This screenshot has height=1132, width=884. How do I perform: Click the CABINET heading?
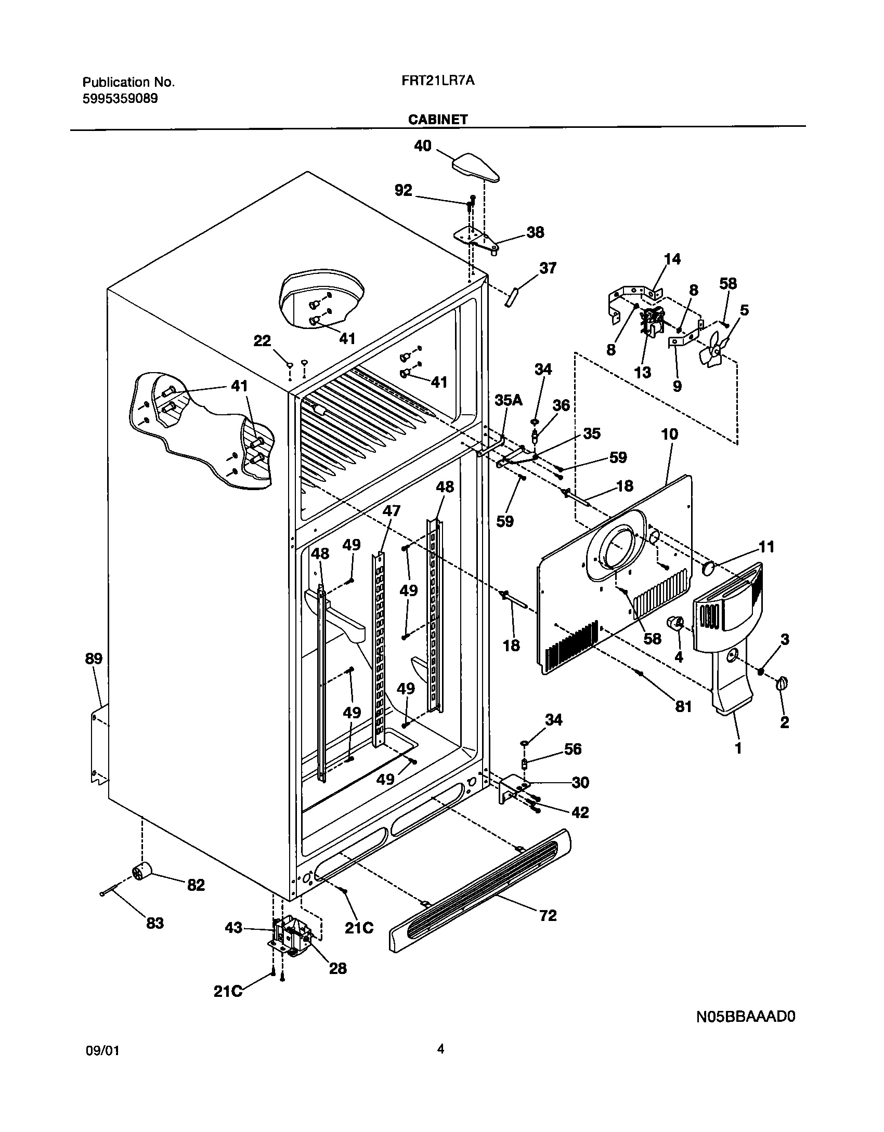(x=437, y=119)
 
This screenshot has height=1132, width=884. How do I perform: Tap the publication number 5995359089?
(x=120, y=98)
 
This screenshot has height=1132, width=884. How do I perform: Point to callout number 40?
(x=423, y=146)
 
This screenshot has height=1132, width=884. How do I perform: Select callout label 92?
(x=404, y=191)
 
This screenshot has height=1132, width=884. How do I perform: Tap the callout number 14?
(x=672, y=259)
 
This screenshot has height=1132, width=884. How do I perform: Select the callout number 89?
(x=94, y=659)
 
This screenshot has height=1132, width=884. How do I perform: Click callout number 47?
(x=392, y=510)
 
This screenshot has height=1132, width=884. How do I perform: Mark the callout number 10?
(x=670, y=434)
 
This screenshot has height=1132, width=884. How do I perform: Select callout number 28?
(x=338, y=968)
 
